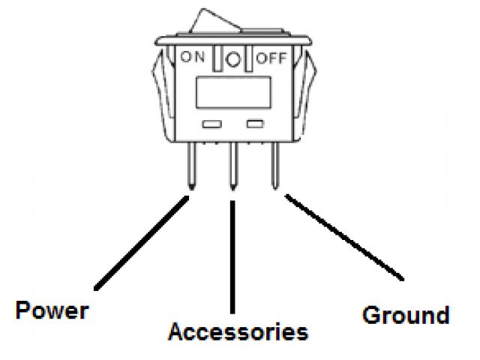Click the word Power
pos(52,310)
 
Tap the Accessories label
pos(238,331)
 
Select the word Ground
pos(406,315)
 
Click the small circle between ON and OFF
pos(234,60)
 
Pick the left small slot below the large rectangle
pos(210,122)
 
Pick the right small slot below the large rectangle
pos(256,122)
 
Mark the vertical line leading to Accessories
pos(234,255)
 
